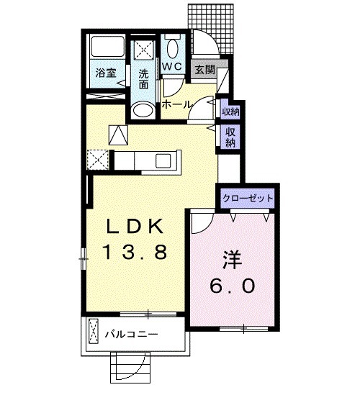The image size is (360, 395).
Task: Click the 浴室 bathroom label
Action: point(106,72)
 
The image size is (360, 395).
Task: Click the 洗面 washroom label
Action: point(144,78)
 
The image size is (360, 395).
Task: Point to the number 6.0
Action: point(233,285)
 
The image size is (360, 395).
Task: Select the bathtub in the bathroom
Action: point(107,48)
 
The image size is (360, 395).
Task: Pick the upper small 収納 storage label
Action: point(230,112)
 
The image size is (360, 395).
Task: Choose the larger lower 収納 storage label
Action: point(230,137)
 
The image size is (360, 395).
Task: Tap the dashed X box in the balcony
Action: point(94,334)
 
